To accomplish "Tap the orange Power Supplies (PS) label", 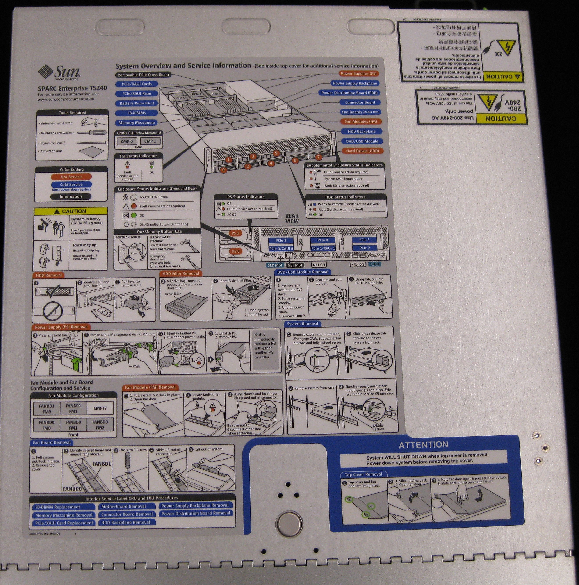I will tap(358, 74).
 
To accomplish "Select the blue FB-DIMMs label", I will tap(137, 113).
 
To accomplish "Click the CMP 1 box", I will tap(150, 141).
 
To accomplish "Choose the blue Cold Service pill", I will tap(71, 184).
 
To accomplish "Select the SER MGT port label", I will tap(275, 265).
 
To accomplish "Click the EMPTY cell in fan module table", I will tap(100, 408).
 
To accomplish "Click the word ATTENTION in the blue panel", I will tap(423, 445).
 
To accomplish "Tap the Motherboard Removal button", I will tap(124, 506).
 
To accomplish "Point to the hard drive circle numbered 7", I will tap(318, 157).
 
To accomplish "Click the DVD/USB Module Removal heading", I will tap(303, 272).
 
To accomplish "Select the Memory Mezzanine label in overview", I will tap(137, 123).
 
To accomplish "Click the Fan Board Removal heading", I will tap(52, 443).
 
